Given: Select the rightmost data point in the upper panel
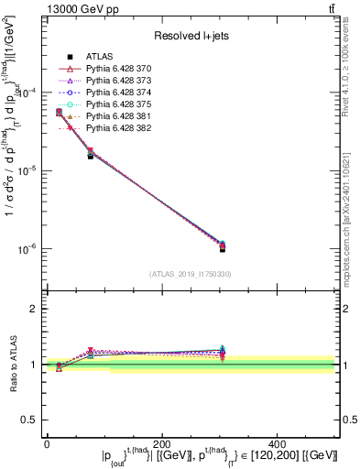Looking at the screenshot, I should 223,246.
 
